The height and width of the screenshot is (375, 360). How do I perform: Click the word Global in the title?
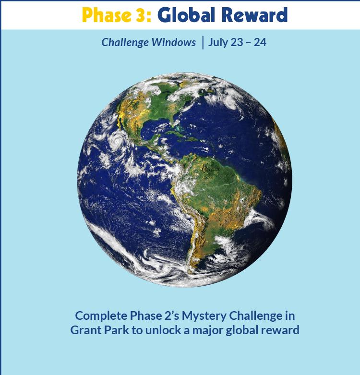coord(186,15)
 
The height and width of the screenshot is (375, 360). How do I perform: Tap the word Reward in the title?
coord(254,15)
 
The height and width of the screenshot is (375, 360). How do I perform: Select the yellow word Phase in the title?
coord(107,15)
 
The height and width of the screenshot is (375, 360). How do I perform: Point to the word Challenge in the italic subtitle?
coord(125,43)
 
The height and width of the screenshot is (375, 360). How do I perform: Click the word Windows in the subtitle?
coord(174,42)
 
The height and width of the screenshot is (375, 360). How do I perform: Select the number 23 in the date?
coord(237,42)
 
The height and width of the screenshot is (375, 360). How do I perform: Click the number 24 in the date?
coord(260,42)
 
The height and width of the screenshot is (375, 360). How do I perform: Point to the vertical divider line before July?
coord(203,43)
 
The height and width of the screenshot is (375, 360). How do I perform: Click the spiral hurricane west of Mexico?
coord(117,141)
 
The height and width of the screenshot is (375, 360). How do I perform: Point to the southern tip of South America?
coord(191,272)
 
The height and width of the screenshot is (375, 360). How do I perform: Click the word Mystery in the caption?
coord(204,316)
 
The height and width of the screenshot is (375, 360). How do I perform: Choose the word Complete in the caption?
coord(101,316)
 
